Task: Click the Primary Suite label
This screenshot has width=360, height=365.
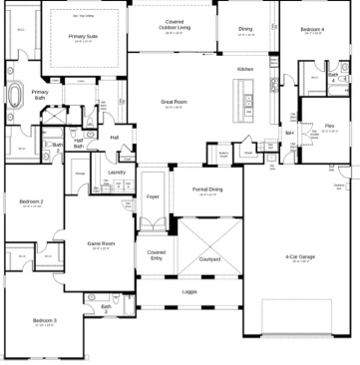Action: pyautogui.click(x=83, y=36)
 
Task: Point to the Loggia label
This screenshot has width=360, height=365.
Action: pyautogui.click(x=188, y=291)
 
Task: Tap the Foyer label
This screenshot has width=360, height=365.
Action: pyautogui.click(x=153, y=196)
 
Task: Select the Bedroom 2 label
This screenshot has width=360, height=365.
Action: pyautogui.click(x=31, y=202)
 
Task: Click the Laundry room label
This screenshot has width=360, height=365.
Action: pyautogui.click(x=116, y=172)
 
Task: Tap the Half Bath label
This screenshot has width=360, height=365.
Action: pyautogui.click(x=79, y=144)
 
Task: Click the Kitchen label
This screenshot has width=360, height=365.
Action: pyautogui.click(x=245, y=68)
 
